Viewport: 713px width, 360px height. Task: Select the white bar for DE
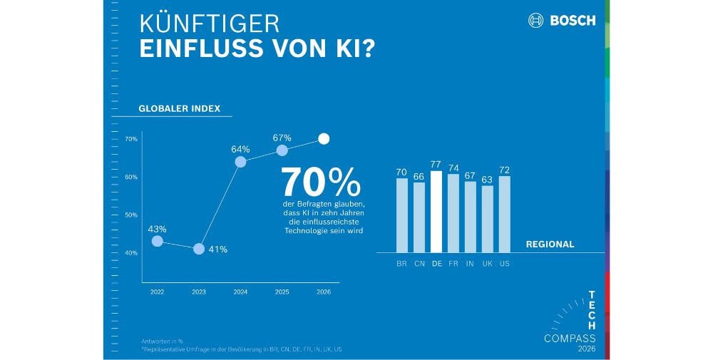(x=436, y=212)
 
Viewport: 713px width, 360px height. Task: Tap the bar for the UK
(x=488, y=219)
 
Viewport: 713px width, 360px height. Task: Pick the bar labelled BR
(x=402, y=215)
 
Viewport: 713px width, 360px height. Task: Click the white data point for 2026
(x=324, y=139)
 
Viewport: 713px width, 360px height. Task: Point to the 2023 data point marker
(x=199, y=249)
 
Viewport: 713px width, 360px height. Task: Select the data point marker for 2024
(x=240, y=162)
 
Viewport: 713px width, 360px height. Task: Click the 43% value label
(x=158, y=229)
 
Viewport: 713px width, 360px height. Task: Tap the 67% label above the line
(x=282, y=137)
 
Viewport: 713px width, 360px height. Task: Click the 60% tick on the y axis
(x=131, y=177)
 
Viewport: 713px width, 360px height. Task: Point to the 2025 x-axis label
(x=282, y=292)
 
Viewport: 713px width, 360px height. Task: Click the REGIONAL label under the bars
(x=550, y=244)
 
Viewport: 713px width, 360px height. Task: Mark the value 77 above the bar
(x=436, y=165)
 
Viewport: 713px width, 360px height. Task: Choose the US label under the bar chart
(x=505, y=264)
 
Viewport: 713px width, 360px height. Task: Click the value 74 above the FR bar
(x=453, y=168)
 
